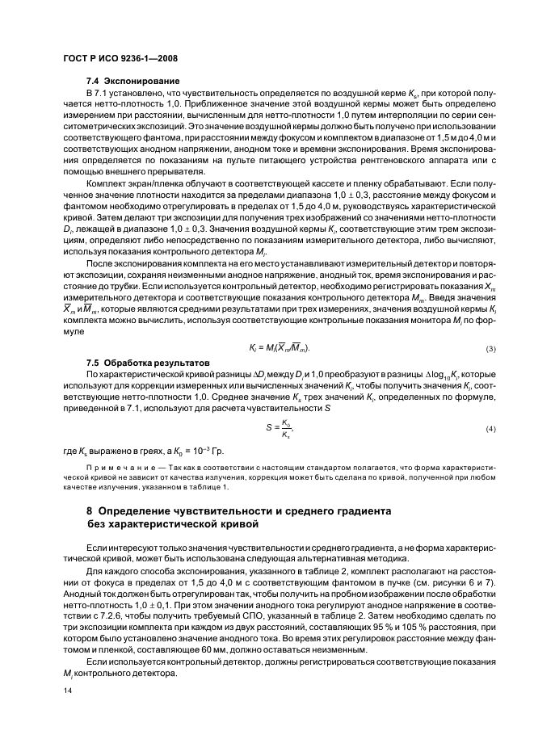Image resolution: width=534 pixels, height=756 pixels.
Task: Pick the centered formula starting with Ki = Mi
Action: coord(279,349)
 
